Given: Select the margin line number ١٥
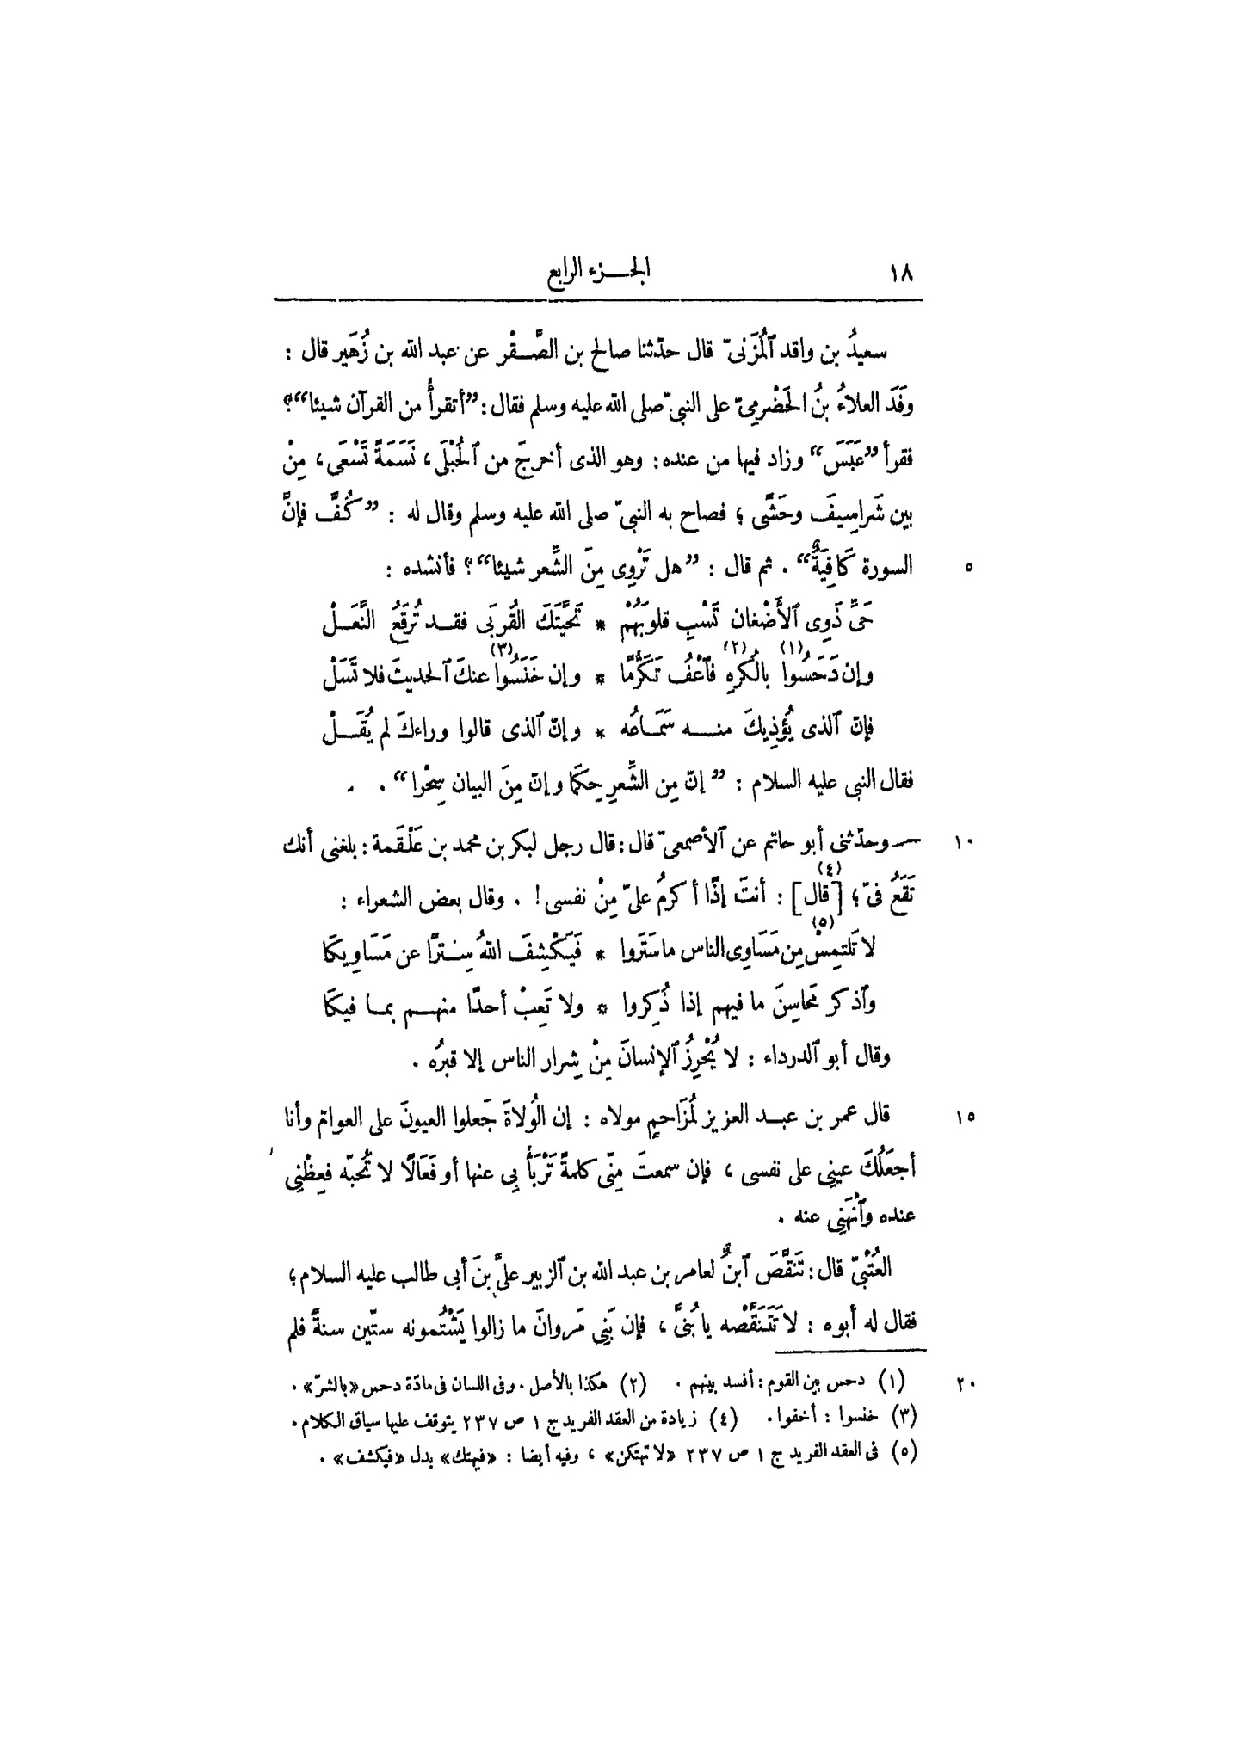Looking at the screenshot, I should coord(963,1118).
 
